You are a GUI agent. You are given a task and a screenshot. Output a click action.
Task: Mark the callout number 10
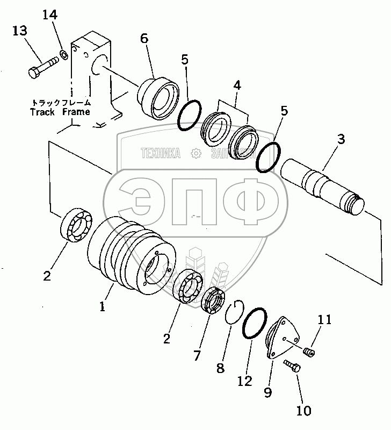tap(303, 411)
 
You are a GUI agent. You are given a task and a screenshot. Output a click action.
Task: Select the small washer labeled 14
tap(64, 53)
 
